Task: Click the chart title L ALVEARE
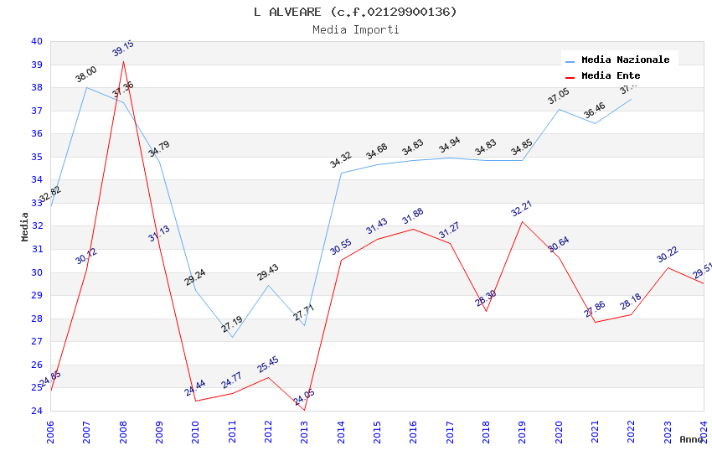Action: click(355, 12)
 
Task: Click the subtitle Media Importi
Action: click(355, 29)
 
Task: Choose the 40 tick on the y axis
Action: click(36, 41)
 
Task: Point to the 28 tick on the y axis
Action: click(36, 319)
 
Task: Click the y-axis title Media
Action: click(25, 226)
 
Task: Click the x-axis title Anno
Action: click(691, 439)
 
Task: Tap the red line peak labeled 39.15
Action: click(123, 61)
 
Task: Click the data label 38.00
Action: click(86, 75)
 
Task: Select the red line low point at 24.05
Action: click(305, 410)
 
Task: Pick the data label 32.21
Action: click(522, 209)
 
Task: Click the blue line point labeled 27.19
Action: click(232, 337)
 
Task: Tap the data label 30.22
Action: click(667, 255)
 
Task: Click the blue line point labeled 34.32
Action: click(341, 173)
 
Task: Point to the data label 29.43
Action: click(268, 272)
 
